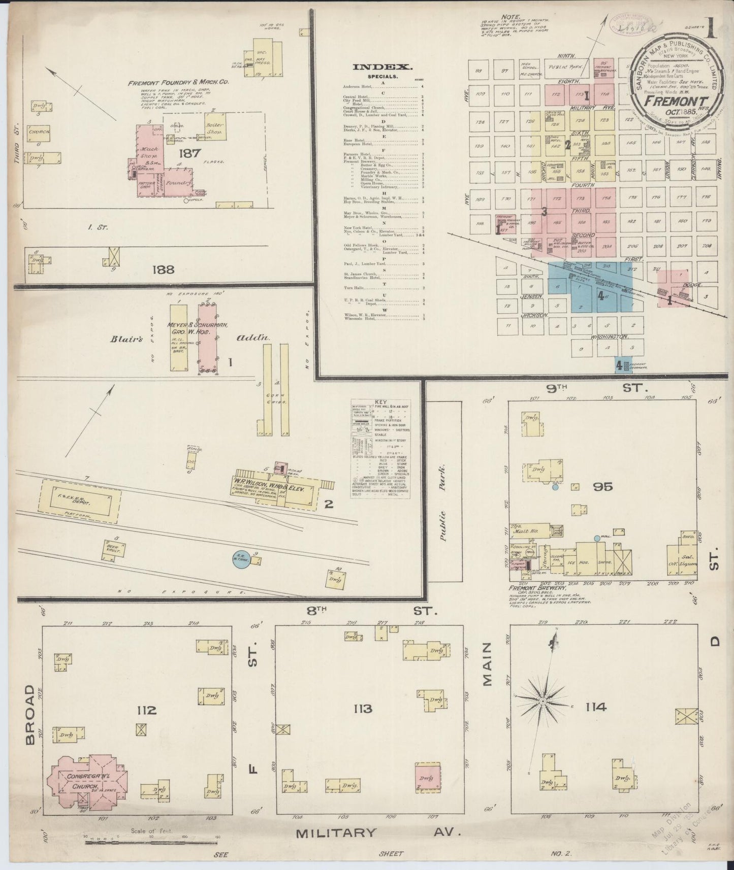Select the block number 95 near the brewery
(601, 487)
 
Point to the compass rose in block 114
(543, 701)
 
